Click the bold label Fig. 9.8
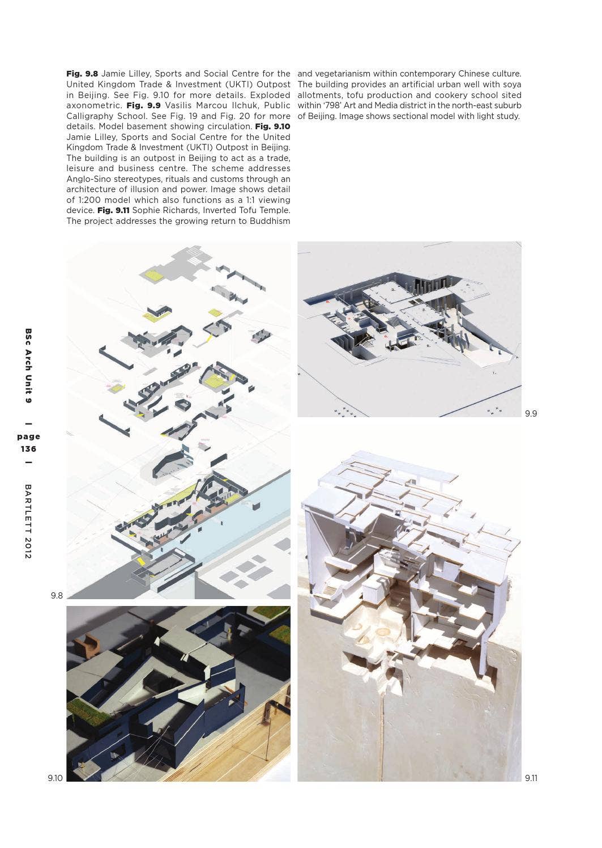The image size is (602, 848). pos(82,74)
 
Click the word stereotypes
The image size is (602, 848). pos(138,179)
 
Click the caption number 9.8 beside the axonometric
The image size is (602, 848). pos(57,595)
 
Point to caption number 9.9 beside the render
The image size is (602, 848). pos(531,413)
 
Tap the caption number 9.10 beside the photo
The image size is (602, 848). pos(55,778)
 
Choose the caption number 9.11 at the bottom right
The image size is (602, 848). pos(531,778)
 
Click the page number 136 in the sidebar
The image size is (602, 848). pos(28,449)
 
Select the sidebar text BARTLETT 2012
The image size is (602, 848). pos(28,521)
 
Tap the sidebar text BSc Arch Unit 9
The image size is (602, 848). pos(28,366)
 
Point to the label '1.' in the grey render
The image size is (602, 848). pos(494,373)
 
